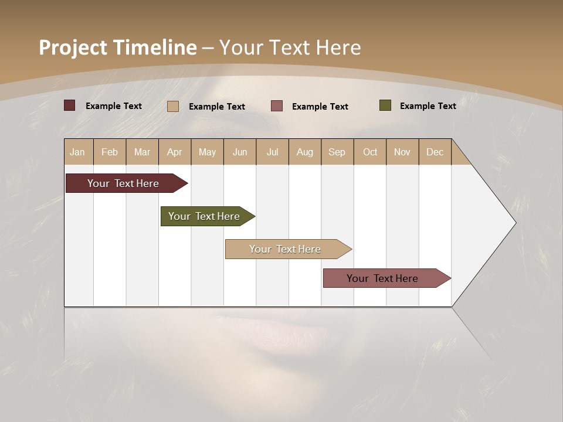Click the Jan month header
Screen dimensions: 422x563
78,152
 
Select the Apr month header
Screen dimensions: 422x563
175,152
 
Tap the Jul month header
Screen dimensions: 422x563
272,152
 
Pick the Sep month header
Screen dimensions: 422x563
337,152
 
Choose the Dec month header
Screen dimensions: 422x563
435,152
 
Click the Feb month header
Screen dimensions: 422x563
110,152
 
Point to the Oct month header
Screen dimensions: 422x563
370,152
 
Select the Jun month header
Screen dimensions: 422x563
240,152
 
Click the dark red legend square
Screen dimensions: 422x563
70,105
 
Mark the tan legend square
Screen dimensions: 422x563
173,106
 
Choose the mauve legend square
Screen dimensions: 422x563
277,106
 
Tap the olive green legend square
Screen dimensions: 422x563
385,105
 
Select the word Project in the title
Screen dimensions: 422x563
73,47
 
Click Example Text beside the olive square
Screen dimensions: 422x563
428,105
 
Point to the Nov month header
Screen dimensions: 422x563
402,152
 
